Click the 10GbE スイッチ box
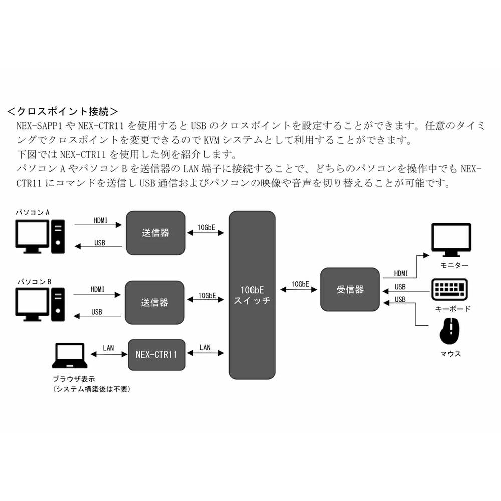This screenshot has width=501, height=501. click(252, 295)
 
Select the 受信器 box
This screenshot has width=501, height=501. click(350, 289)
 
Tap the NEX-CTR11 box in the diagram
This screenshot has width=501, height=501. click(156, 354)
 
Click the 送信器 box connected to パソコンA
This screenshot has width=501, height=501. click(155, 232)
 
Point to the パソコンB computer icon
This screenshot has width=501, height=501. click(40, 304)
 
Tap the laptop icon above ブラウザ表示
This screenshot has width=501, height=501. click(70, 357)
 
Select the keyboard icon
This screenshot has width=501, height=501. click(449, 290)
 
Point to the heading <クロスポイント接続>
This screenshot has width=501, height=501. click(63, 111)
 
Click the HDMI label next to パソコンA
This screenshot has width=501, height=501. click(100, 220)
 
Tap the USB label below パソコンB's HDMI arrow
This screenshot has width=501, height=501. click(97, 312)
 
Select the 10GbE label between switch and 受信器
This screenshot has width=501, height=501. click(300, 284)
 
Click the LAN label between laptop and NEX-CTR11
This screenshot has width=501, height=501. click(108, 347)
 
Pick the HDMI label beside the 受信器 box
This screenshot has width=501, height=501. click(400, 273)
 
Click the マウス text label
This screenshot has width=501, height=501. click(450, 354)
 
